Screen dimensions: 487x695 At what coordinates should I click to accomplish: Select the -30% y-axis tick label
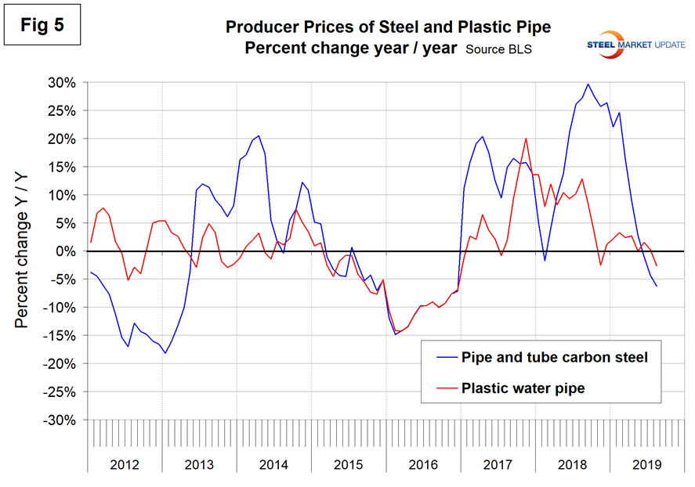pos(58,420)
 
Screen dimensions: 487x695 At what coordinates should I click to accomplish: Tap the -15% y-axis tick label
pos(58,336)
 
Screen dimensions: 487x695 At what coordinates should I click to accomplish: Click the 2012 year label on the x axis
pos(125,464)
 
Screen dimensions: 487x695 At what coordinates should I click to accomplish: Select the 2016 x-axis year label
pos(424,464)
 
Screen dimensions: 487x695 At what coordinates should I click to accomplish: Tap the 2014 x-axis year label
pos(274,464)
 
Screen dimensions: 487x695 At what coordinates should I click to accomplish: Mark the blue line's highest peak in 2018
pos(588,84)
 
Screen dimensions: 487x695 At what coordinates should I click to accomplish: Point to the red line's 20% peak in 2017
pos(525,139)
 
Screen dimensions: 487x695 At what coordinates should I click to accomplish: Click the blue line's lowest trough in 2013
pos(165,353)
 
